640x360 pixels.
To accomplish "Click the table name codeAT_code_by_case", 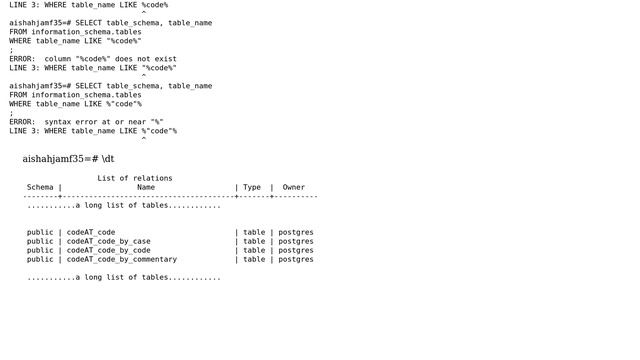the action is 108,241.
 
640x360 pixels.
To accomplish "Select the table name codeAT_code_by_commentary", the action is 119,259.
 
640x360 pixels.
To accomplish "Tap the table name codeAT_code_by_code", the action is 108,250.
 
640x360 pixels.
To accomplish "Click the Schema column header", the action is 40,187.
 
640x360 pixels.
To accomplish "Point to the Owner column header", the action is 293,187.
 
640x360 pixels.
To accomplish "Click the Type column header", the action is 252,187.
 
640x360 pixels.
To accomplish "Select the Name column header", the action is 146,187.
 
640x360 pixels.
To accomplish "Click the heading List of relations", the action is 135,178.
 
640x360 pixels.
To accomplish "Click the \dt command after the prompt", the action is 108,159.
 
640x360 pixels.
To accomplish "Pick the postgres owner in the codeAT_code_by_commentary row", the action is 296,259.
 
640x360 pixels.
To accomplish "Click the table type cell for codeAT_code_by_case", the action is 254,241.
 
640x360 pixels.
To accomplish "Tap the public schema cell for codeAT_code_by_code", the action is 40,250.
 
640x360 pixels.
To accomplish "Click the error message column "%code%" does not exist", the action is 110,59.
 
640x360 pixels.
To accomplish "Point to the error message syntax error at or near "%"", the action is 104,122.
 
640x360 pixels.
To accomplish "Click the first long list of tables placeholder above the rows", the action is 124,205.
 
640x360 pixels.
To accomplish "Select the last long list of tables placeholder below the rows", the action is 124,277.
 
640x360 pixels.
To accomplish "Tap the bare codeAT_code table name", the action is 91,232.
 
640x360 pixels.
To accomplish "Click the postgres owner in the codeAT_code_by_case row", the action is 296,241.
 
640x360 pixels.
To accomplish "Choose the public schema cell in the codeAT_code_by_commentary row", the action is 40,259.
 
